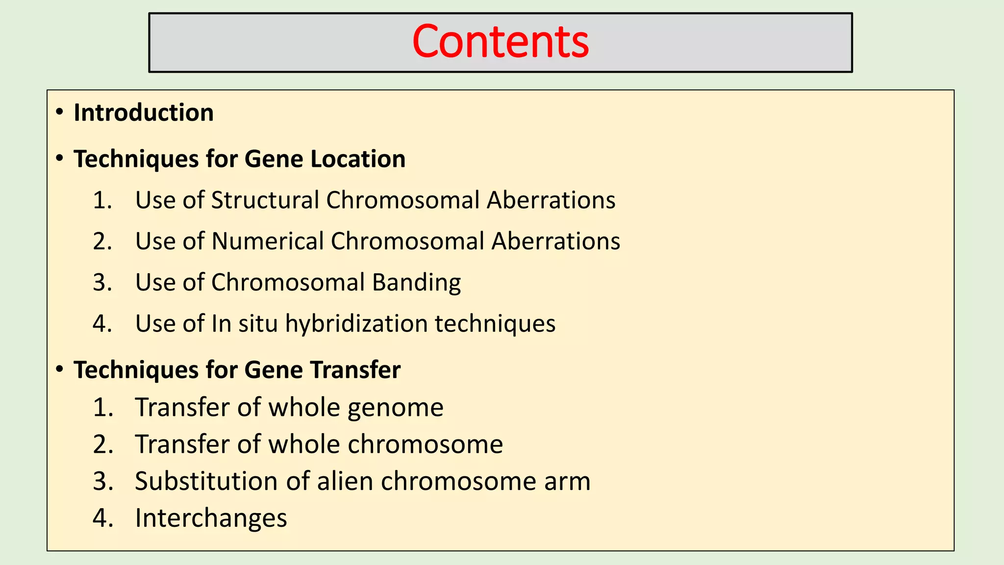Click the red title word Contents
pos(501,42)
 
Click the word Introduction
pos(144,113)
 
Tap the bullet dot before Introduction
pos(59,112)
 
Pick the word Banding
pos(416,283)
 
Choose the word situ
pos(258,324)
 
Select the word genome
pos(395,408)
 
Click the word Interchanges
pos(211,518)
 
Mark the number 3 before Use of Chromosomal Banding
pos(102,282)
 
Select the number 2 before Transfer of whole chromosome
pos(102,444)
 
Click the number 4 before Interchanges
pos(102,518)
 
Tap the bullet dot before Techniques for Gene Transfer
pos(59,369)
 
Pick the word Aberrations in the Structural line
pos(551,200)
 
